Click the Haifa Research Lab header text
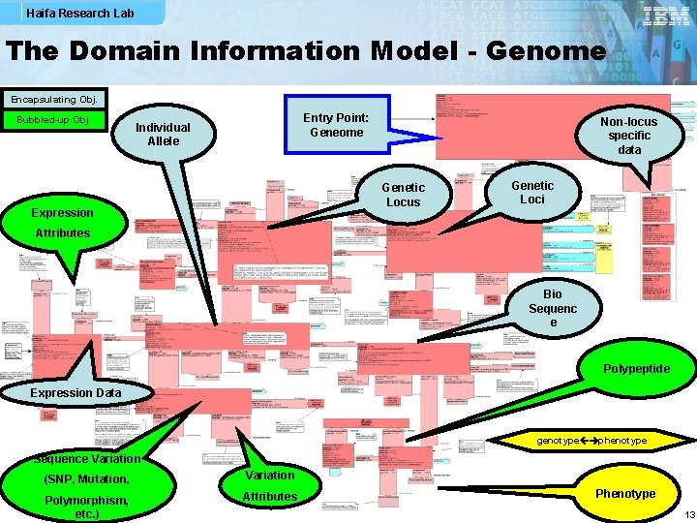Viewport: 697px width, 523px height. pyautogui.click(x=80, y=14)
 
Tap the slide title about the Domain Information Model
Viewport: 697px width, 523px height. pyautogui.click(x=306, y=51)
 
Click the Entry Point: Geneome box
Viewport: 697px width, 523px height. pyautogui.click(x=336, y=125)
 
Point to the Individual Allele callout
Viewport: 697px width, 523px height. pyautogui.click(x=163, y=134)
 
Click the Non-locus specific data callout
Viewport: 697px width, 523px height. pyautogui.click(x=628, y=136)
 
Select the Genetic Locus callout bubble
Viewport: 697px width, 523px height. pyautogui.click(x=403, y=194)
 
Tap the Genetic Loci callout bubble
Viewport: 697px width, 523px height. pyautogui.click(x=532, y=192)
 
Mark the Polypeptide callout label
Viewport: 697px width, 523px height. pyautogui.click(x=635, y=369)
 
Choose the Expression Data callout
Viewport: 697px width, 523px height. pyautogui.click(x=76, y=392)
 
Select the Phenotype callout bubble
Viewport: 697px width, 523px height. pyautogui.click(x=624, y=494)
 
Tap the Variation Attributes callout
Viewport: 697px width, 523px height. pyautogui.click(x=269, y=486)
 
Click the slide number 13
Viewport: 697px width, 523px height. pyautogui.click(x=688, y=514)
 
